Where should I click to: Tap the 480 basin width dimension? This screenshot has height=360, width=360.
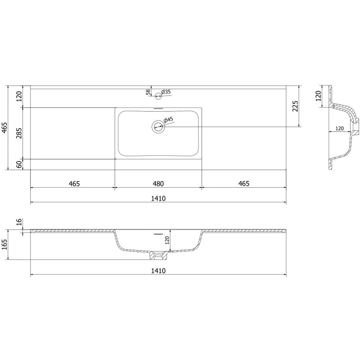pyautogui.click(x=158, y=184)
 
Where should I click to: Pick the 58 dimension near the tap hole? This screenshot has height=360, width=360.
pyautogui.click(x=148, y=92)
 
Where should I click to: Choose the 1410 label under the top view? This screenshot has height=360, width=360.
pyautogui.click(x=158, y=198)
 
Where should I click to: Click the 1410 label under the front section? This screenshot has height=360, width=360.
pyautogui.click(x=158, y=270)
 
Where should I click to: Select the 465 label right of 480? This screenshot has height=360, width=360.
pyautogui.click(x=243, y=184)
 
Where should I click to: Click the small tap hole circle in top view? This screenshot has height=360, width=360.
pyautogui.click(x=158, y=95)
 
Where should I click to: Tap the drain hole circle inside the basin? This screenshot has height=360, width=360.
pyautogui.click(x=158, y=126)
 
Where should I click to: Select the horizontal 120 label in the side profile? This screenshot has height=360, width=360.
pyautogui.click(x=340, y=128)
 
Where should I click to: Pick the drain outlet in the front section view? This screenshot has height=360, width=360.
pyautogui.click(x=158, y=256)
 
